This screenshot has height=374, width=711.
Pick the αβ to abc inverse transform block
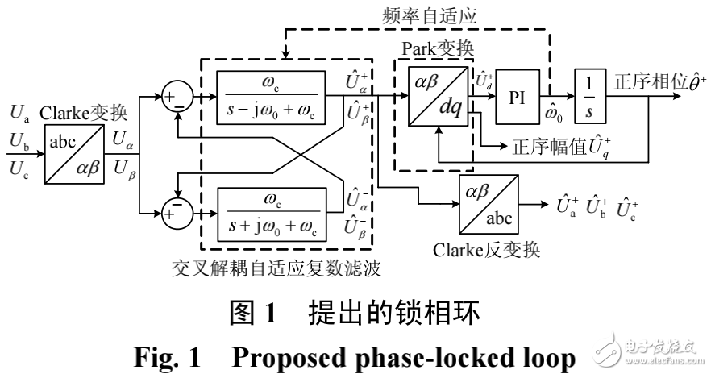(487, 204)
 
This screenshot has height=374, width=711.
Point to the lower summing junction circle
(177, 213)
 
